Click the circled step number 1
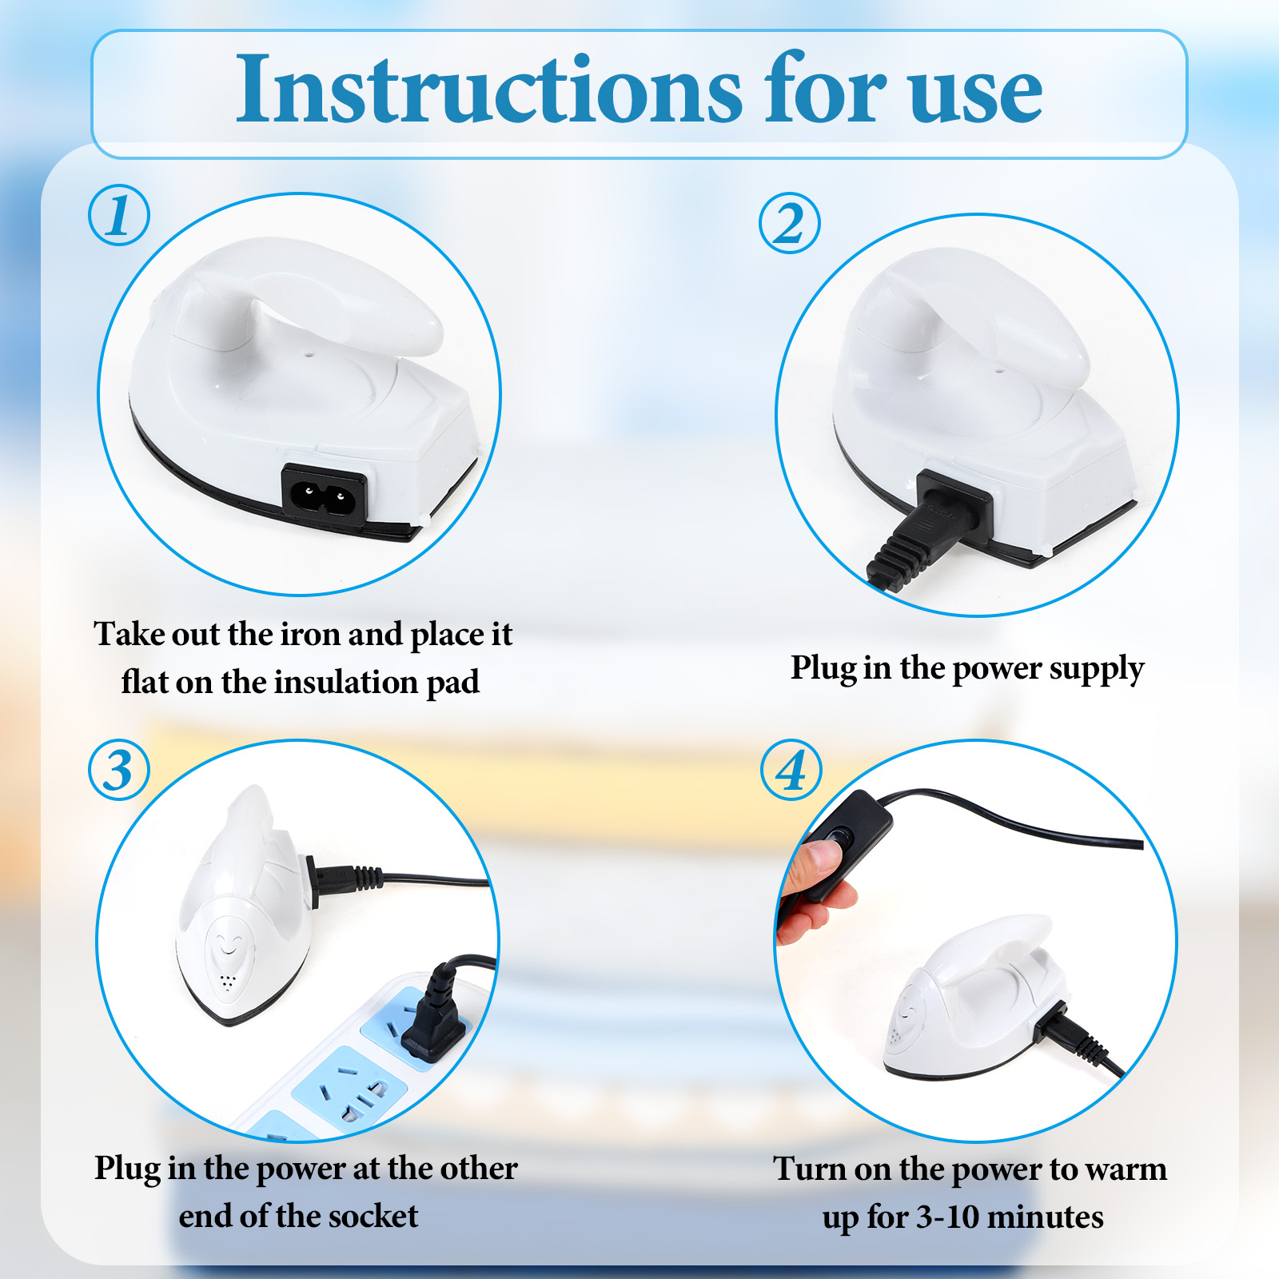click(119, 215)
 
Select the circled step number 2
click(790, 223)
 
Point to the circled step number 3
click(119, 771)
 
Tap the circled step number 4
click(791, 771)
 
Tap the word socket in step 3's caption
click(373, 1217)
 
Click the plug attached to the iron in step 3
click(340, 879)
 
